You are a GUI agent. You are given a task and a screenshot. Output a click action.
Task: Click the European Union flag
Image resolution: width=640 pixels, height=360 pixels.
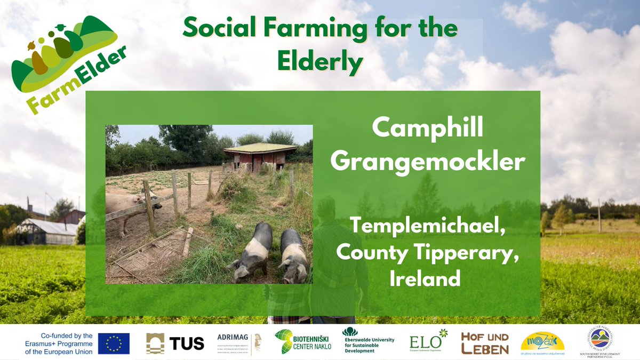pos(114,343)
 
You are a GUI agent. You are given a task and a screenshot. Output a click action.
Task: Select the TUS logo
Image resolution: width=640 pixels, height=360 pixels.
pos(175,343)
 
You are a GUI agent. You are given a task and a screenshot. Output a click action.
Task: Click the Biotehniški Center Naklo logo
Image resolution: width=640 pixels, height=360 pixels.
pos(303,342)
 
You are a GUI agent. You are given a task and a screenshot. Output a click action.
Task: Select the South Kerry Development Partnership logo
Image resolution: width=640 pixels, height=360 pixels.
pos(600,341)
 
